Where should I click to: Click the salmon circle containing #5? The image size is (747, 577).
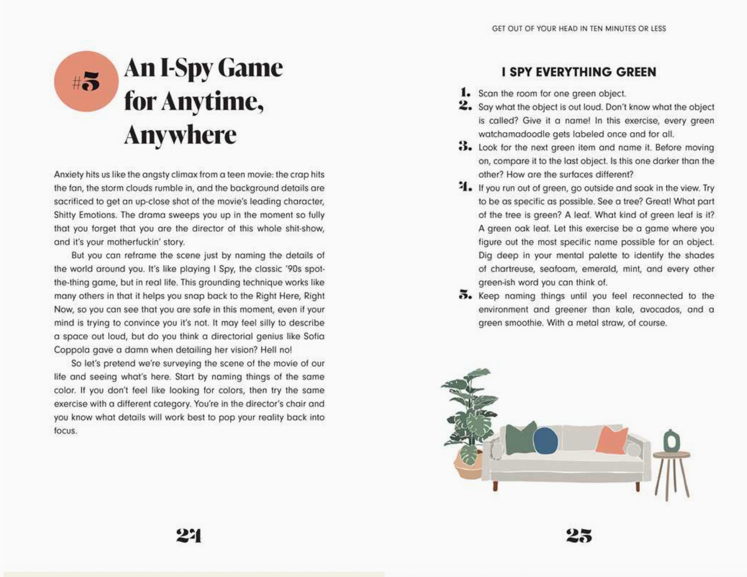click(x=86, y=82)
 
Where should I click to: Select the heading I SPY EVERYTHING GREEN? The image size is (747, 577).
click(x=579, y=72)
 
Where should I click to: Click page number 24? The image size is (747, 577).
click(x=189, y=535)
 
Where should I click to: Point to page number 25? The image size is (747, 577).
click(x=579, y=535)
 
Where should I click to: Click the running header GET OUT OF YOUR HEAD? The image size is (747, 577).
click(x=579, y=29)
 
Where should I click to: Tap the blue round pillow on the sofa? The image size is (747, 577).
click(x=545, y=441)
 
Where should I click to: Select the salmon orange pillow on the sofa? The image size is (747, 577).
click(x=612, y=440)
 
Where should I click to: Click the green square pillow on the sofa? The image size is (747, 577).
click(x=520, y=438)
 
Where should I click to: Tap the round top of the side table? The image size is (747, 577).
click(x=672, y=455)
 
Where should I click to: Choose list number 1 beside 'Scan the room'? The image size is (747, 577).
click(x=466, y=93)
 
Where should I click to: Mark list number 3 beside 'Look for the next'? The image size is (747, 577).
click(x=465, y=147)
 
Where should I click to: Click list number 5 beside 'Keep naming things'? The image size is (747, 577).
click(x=465, y=295)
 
